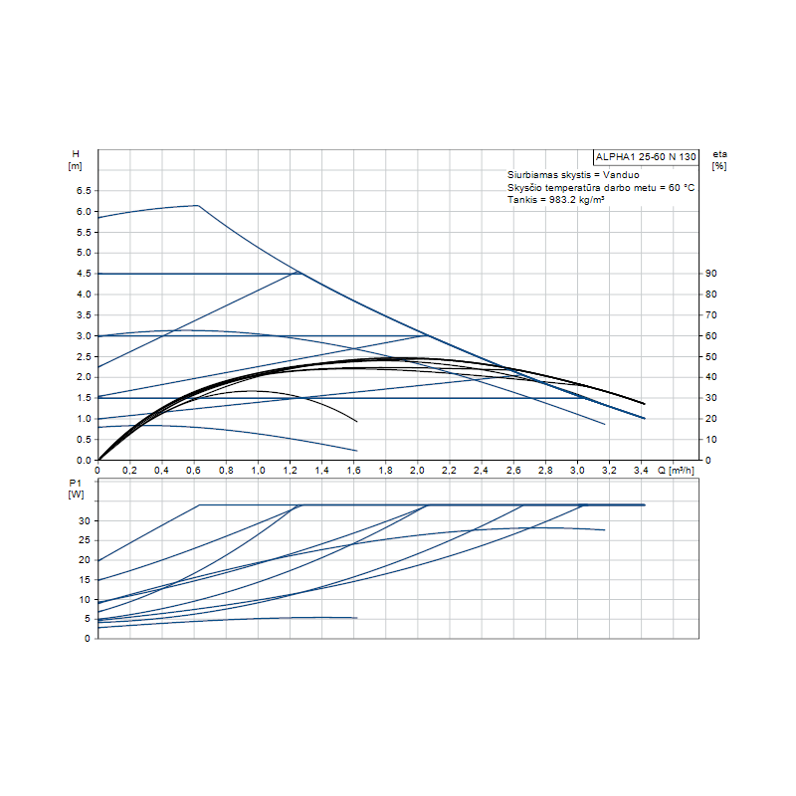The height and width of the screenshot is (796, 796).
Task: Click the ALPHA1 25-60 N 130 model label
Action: coord(646,157)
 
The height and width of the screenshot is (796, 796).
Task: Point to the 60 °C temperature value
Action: coord(679,187)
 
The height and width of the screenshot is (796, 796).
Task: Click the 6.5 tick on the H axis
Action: coord(84,191)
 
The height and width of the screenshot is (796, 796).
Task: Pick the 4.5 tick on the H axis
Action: coord(84,274)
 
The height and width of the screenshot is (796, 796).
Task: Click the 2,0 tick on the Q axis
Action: coord(418,470)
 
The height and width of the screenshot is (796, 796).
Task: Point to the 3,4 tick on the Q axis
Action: coord(642,470)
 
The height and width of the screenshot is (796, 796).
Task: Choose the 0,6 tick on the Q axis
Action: coord(193,470)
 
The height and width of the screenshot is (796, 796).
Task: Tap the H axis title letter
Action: coord(75,154)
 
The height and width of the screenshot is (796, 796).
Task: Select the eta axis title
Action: coord(719,154)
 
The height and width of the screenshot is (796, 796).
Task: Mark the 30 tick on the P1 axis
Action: coord(86,521)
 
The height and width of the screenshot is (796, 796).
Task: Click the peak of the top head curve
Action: coord(197,205)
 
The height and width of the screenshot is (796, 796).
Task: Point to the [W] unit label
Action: coord(76,495)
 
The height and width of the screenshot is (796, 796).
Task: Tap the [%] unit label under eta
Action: coord(719,166)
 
